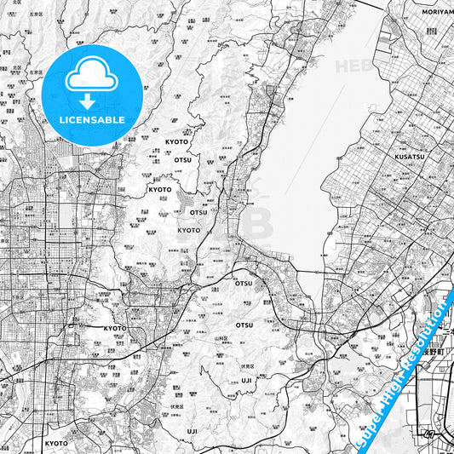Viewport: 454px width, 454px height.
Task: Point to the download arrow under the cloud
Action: pos(88,100)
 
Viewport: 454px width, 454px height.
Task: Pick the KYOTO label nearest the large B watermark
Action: pos(189,230)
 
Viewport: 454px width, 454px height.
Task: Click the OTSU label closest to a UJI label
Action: pos(244,325)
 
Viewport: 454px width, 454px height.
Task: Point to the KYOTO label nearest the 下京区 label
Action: pos(115,328)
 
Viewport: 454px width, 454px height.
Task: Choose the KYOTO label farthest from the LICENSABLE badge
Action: pos(56,443)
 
